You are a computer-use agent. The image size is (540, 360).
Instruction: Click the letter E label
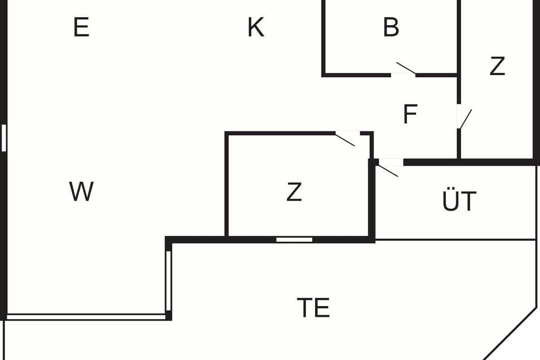pos(81,27)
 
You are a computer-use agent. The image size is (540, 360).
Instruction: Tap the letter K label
pos(256,27)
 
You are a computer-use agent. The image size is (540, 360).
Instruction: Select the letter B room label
pos(391,27)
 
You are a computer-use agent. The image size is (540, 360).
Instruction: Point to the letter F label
pos(410,114)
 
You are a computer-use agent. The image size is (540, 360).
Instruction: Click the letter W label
pos(81,191)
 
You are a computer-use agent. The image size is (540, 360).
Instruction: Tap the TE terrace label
pos(313,307)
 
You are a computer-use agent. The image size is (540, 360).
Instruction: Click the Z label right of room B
pos(497,66)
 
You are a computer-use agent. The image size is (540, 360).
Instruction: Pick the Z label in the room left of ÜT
pos(294,191)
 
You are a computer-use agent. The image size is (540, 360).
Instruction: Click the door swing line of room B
pos(406,68)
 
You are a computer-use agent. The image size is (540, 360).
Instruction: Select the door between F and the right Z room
pos(466,119)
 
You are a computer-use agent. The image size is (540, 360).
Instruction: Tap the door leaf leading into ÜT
pos(388,171)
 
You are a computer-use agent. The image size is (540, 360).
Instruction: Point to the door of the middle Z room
pos(345,140)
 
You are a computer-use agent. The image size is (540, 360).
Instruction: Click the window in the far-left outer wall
pos(4,138)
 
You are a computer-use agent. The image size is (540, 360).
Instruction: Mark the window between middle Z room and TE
pos(294,240)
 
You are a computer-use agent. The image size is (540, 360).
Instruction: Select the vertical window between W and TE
pos(168,281)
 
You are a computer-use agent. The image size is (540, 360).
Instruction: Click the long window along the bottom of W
pos(86,317)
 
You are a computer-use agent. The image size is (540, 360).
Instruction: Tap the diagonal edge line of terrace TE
pos(510,334)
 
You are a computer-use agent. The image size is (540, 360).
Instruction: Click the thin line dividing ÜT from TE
pos(455,240)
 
